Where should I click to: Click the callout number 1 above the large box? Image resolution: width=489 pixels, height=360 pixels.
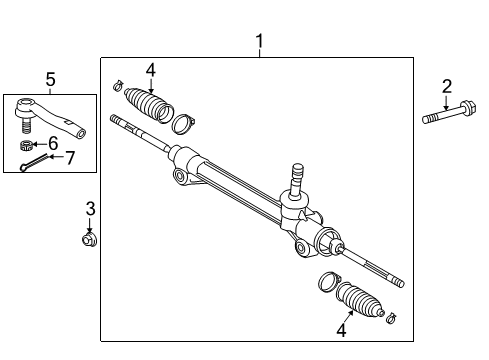[x=260, y=42]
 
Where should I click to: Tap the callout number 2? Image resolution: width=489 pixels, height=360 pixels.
[x=447, y=86]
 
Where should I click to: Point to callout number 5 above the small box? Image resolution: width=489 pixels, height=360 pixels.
[x=50, y=79]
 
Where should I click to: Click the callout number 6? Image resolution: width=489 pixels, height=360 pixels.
[x=54, y=144]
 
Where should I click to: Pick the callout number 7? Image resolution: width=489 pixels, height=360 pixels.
[x=70, y=156]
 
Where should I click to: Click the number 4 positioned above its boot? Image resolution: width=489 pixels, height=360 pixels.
[x=150, y=70]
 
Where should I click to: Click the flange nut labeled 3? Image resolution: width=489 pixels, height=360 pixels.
[x=89, y=238]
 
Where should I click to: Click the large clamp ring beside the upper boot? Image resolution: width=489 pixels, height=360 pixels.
[x=182, y=124]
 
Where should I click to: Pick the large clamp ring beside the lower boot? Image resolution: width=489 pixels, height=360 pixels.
[x=326, y=283]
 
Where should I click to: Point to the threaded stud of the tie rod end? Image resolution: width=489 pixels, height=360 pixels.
[x=28, y=128]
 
